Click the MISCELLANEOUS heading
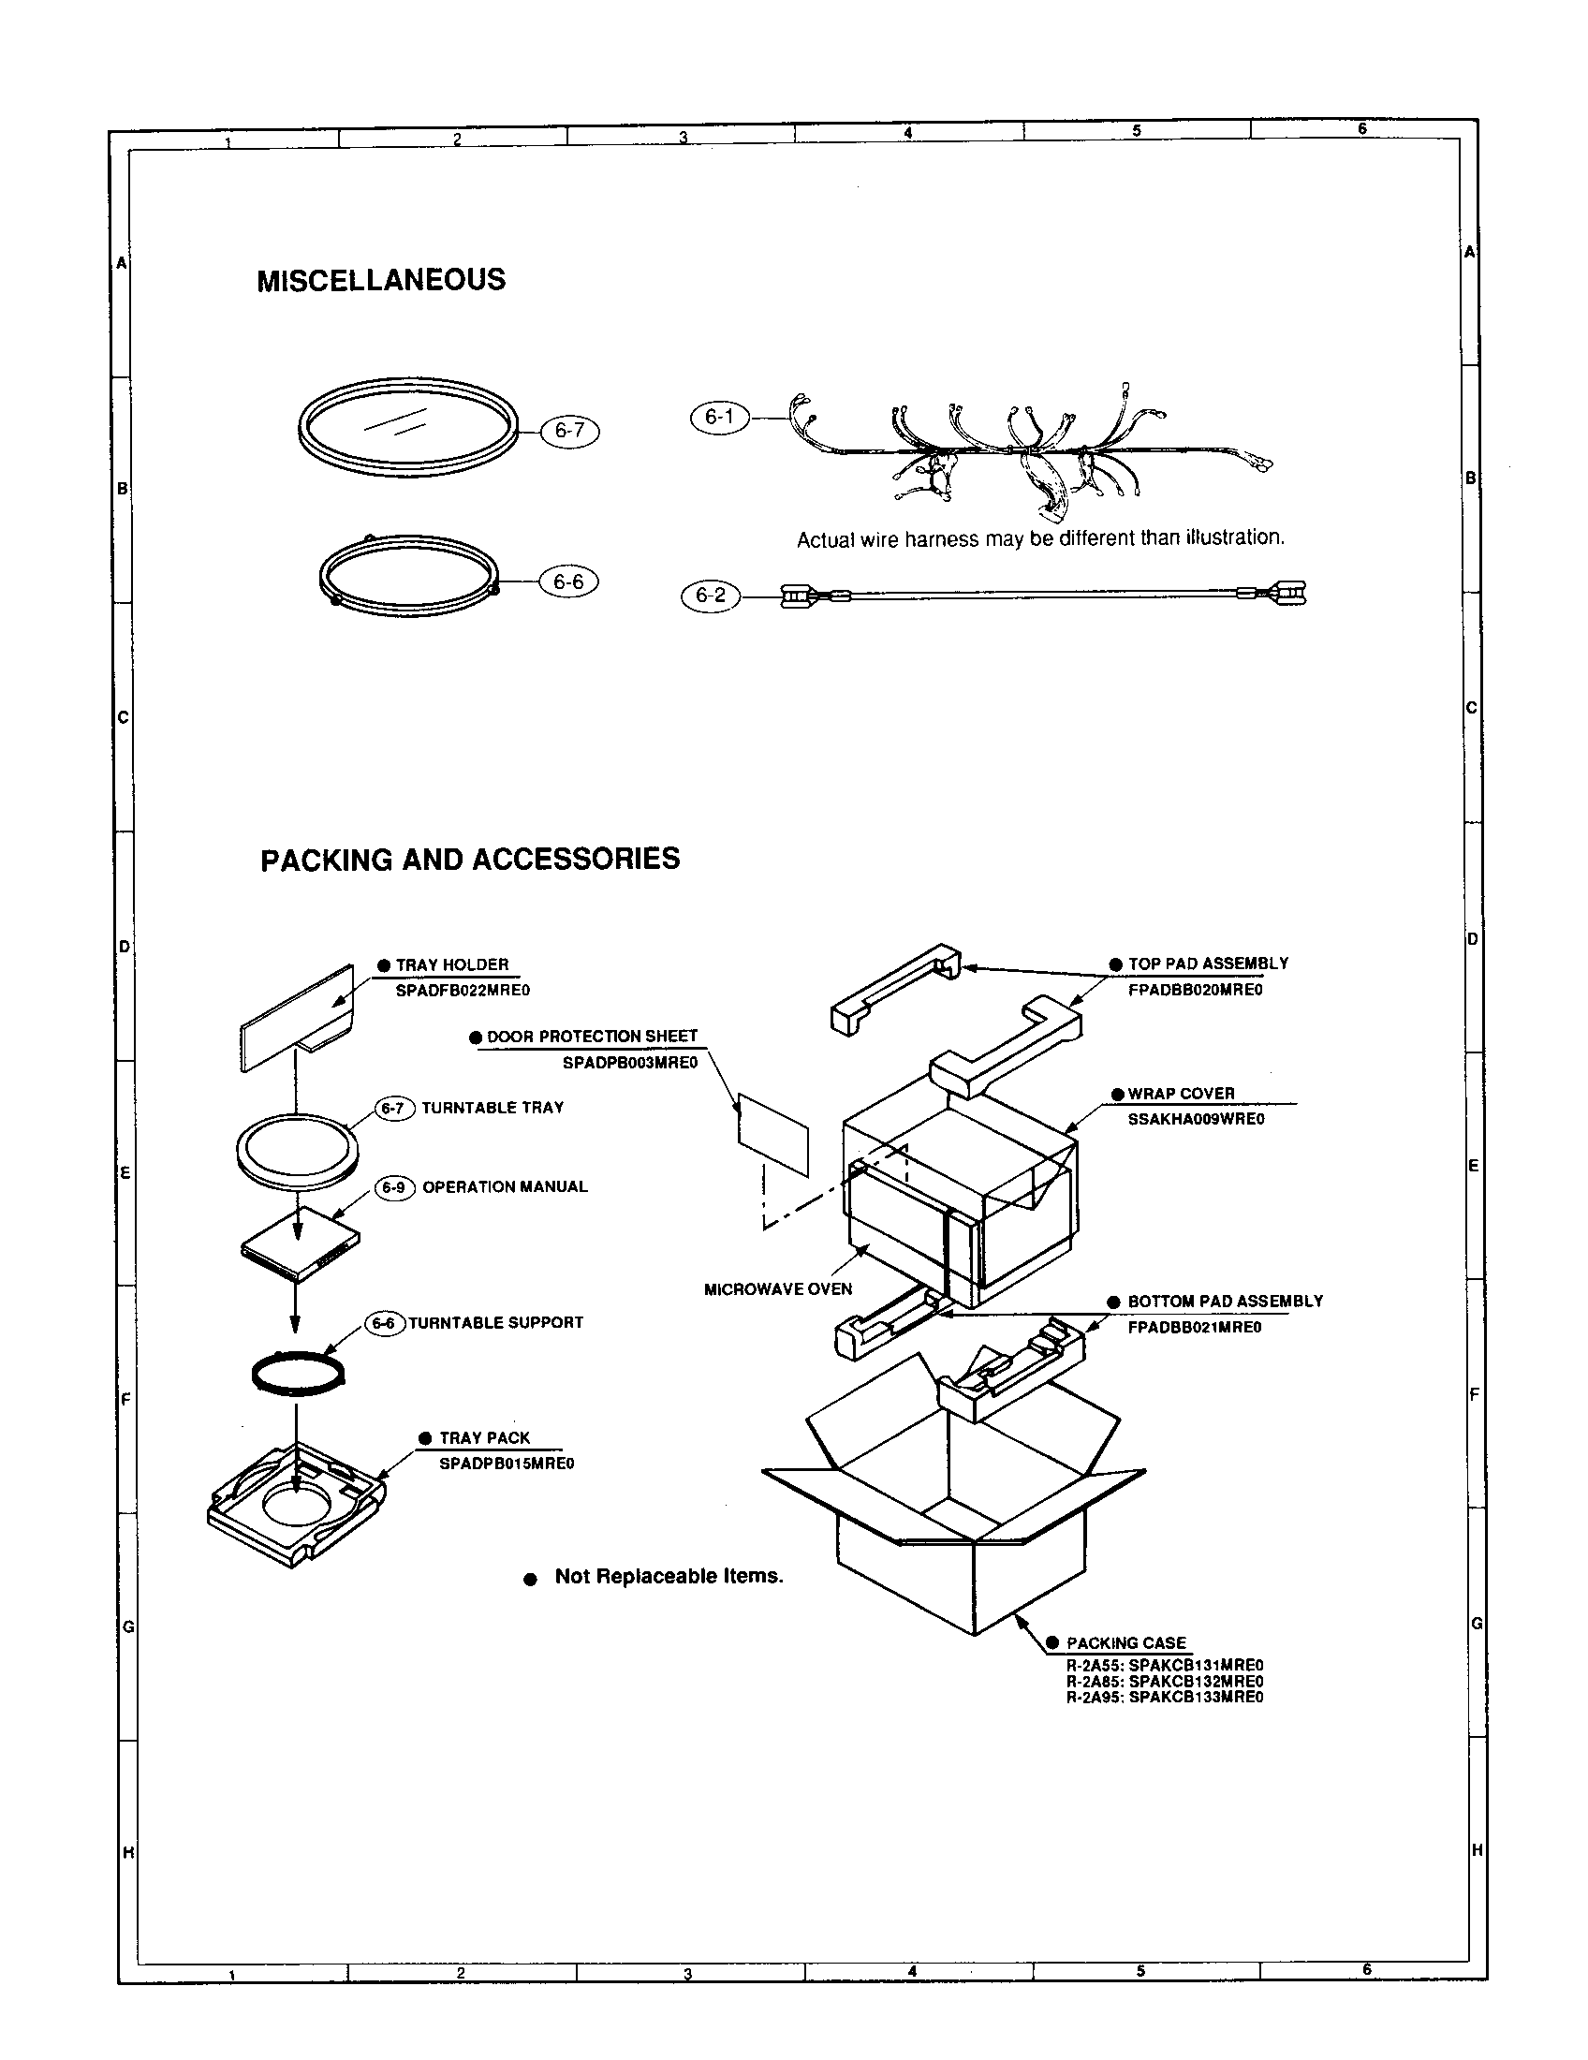[381, 280]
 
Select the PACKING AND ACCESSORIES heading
[470, 860]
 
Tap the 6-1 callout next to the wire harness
[720, 417]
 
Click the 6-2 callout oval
[710, 596]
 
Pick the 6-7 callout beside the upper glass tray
[569, 431]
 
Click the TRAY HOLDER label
[451, 964]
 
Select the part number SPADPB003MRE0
[630, 1062]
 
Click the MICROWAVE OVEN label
[778, 1289]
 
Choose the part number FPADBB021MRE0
[1194, 1327]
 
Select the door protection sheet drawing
[772, 1135]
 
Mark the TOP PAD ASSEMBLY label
[1207, 964]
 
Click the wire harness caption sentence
[1040, 538]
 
